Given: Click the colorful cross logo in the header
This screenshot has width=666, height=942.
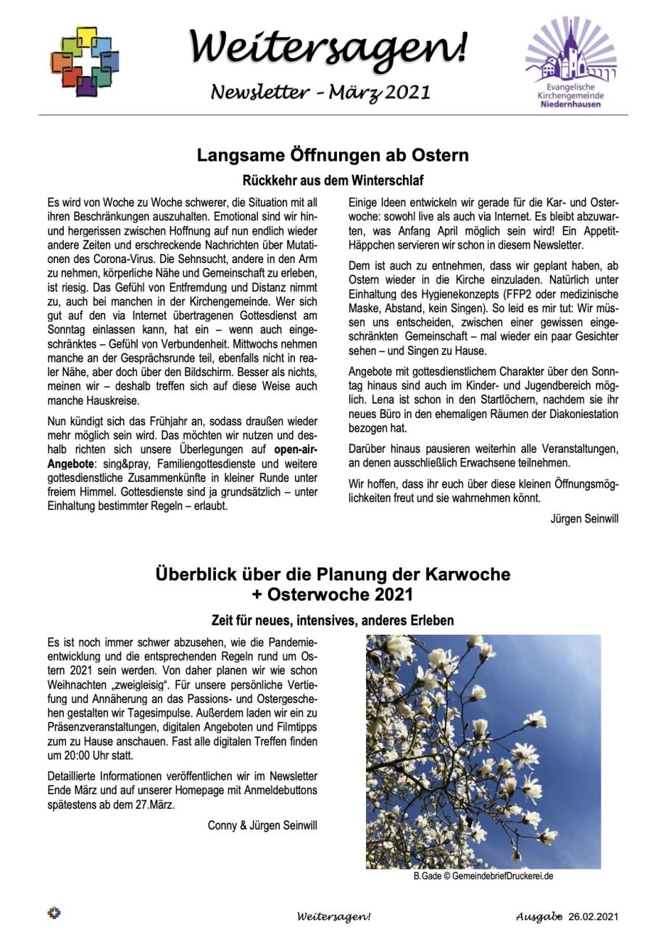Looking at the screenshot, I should (x=85, y=62).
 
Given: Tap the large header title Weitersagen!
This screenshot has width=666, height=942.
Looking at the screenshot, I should (x=328, y=46).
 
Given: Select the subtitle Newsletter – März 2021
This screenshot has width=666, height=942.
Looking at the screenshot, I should (x=320, y=92).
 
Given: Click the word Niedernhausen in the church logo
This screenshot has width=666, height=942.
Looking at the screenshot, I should (x=571, y=104).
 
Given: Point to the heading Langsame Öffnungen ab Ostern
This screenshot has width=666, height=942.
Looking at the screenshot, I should (x=333, y=155).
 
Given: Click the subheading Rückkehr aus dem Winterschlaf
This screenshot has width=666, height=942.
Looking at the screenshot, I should (x=333, y=180).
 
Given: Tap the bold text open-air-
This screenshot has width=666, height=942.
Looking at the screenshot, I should (x=296, y=449).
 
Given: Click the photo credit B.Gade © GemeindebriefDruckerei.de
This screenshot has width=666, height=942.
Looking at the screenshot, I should (x=483, y=876).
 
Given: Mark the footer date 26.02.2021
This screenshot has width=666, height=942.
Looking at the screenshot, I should (x=594, y=917).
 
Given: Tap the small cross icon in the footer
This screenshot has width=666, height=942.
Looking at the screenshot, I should (x=54, y=913).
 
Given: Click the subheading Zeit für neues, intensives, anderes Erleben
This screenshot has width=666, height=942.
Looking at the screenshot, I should (x=333, y=621).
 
